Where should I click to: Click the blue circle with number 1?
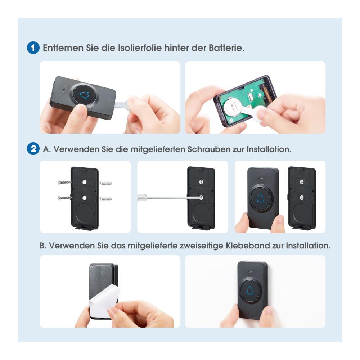[33, 48]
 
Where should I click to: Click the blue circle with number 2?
[33, 149]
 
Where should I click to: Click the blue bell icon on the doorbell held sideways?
[84, 95]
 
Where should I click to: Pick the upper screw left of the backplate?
[64, 183]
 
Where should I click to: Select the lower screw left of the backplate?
[64, 197]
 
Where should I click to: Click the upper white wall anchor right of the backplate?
[105, 183]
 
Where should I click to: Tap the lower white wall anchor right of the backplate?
[105, 198]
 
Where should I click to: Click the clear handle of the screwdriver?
[141, 197]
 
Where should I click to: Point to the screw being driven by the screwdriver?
[201, 197]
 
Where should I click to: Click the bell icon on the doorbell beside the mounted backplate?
[260, 199]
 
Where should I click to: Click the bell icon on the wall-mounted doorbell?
[250, 291]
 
